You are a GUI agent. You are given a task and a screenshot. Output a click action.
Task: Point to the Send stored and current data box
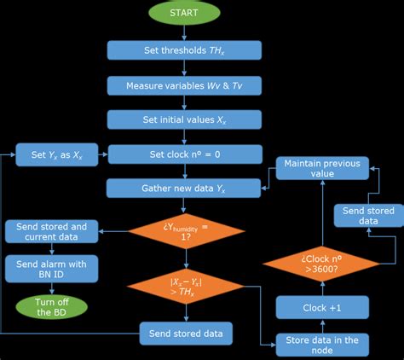(53, 231)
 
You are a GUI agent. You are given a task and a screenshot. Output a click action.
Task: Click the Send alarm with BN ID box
(53, 269)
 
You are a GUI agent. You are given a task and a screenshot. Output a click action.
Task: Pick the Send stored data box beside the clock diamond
(364, 214)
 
